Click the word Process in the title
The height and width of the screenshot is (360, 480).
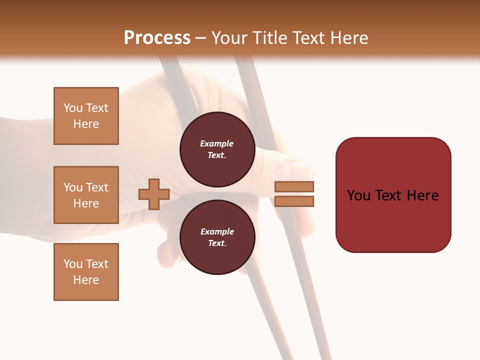(157, 38)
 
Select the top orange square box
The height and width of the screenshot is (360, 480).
(86, 116)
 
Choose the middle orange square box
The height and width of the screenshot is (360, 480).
(86, 195)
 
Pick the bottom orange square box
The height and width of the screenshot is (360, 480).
(86, 272)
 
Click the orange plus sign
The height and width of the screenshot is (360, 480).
(154, 194)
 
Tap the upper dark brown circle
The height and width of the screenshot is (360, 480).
(217, 149)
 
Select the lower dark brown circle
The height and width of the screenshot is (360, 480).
(217, 237)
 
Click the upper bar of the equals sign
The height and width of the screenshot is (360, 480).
(294, 186)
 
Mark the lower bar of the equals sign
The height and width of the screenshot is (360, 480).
(294, 201)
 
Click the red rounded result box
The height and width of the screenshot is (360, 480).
(393, 195)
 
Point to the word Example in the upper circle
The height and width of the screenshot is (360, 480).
(217, 143)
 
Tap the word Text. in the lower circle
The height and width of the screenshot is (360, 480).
(217, 243)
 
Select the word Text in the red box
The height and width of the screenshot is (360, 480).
(393, 195)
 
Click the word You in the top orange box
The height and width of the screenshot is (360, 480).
(72, 108)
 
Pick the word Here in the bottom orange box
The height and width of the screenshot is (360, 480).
(86, 280)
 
